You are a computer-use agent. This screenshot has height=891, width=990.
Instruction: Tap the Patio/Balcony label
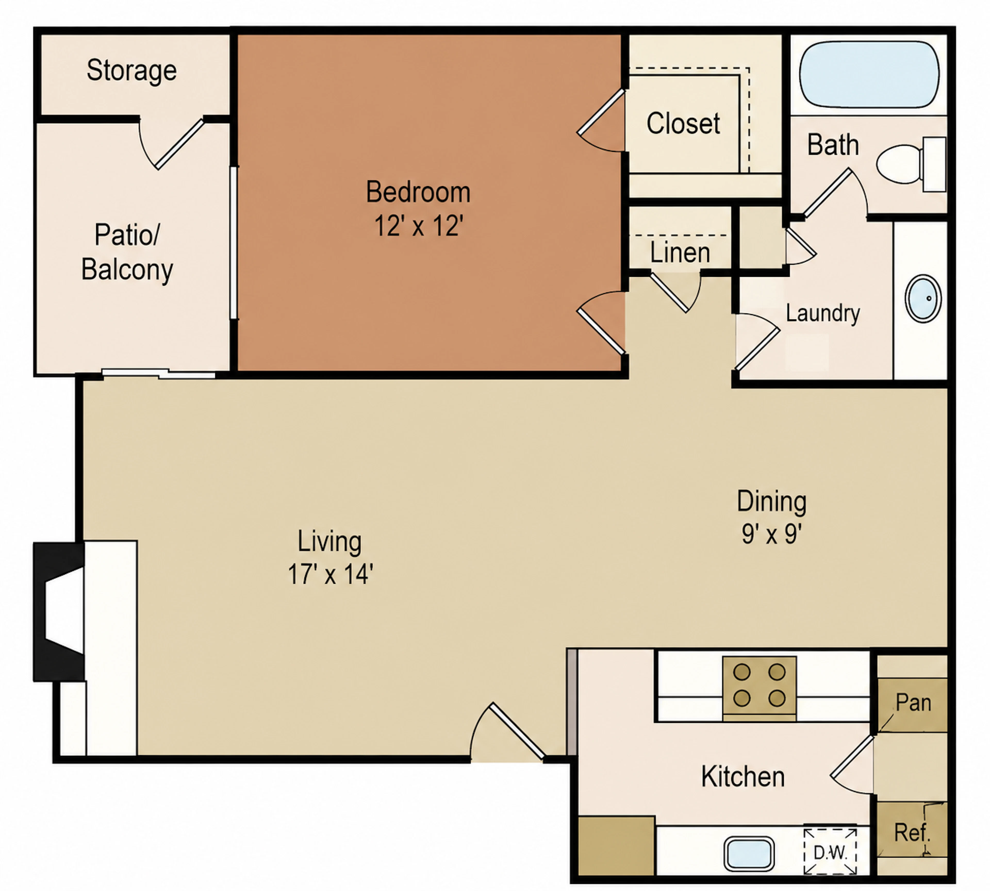pyautogui.click(x=127, y=252)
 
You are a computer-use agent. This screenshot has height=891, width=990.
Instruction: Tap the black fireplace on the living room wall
pyautogui.click(x=59, y=611)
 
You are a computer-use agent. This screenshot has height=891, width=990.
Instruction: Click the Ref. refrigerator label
pyautogui.click(x=912, y=832)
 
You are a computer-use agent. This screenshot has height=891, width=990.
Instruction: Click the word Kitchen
pyautogui.click(x=743, y=777)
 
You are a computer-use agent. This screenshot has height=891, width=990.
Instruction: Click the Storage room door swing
pyautogui.click(x=171, y=144)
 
